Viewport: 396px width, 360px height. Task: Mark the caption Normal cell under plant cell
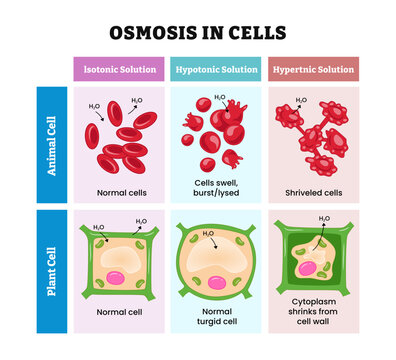[x=117, y=313]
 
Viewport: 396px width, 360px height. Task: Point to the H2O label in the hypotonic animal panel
[x=219, y=98]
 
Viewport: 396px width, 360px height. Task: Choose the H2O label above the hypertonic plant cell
[x=324, y=218]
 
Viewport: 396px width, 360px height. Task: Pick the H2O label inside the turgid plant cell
[x=208, y=234]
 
